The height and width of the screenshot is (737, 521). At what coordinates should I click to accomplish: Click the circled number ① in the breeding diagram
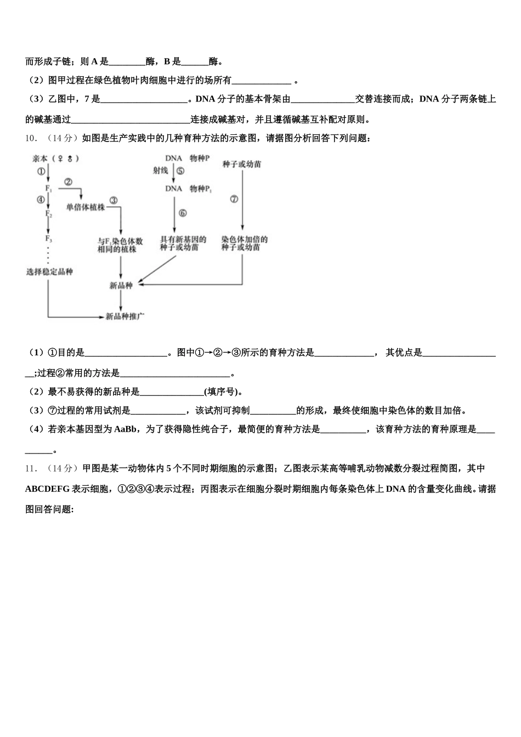[41, 171]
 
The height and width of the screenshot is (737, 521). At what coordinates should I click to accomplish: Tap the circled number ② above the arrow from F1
[69, 182]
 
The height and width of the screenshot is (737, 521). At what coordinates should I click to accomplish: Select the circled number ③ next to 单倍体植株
[114, 201]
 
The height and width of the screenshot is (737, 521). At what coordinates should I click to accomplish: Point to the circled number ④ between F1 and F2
[41, 200]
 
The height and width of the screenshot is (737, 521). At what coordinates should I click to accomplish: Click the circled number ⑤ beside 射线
[180, 171]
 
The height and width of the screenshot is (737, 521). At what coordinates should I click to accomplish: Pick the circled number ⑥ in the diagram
[182, 213]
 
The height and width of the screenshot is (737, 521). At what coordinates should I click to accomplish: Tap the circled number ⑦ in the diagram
[234, 199]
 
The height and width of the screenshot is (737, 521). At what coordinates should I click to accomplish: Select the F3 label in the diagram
[49, 239]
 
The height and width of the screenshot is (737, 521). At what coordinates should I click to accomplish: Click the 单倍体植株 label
[85, 207]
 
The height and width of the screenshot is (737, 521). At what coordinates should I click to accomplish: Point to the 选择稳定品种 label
[49, 272]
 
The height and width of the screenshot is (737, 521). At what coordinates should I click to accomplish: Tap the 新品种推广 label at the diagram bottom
[125, 316]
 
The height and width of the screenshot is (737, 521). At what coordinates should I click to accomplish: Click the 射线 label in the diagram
[161, 171]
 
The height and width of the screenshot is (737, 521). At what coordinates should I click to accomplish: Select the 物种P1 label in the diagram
[201, 189]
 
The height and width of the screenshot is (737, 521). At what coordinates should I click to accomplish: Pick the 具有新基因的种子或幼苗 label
[183, 243]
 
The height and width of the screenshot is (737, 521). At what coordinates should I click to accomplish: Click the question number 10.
[31, 139]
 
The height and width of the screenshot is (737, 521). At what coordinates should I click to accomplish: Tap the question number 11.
[31, 469]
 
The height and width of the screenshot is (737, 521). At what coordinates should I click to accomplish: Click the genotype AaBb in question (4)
[127, 430]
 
